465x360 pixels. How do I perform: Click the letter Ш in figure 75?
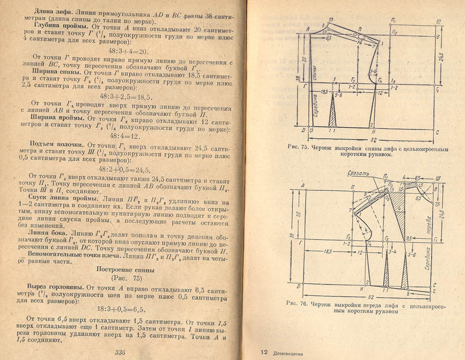coord(439,20)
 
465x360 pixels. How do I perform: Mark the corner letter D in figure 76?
coord(298,286)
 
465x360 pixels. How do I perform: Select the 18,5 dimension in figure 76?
coord(327,251)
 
